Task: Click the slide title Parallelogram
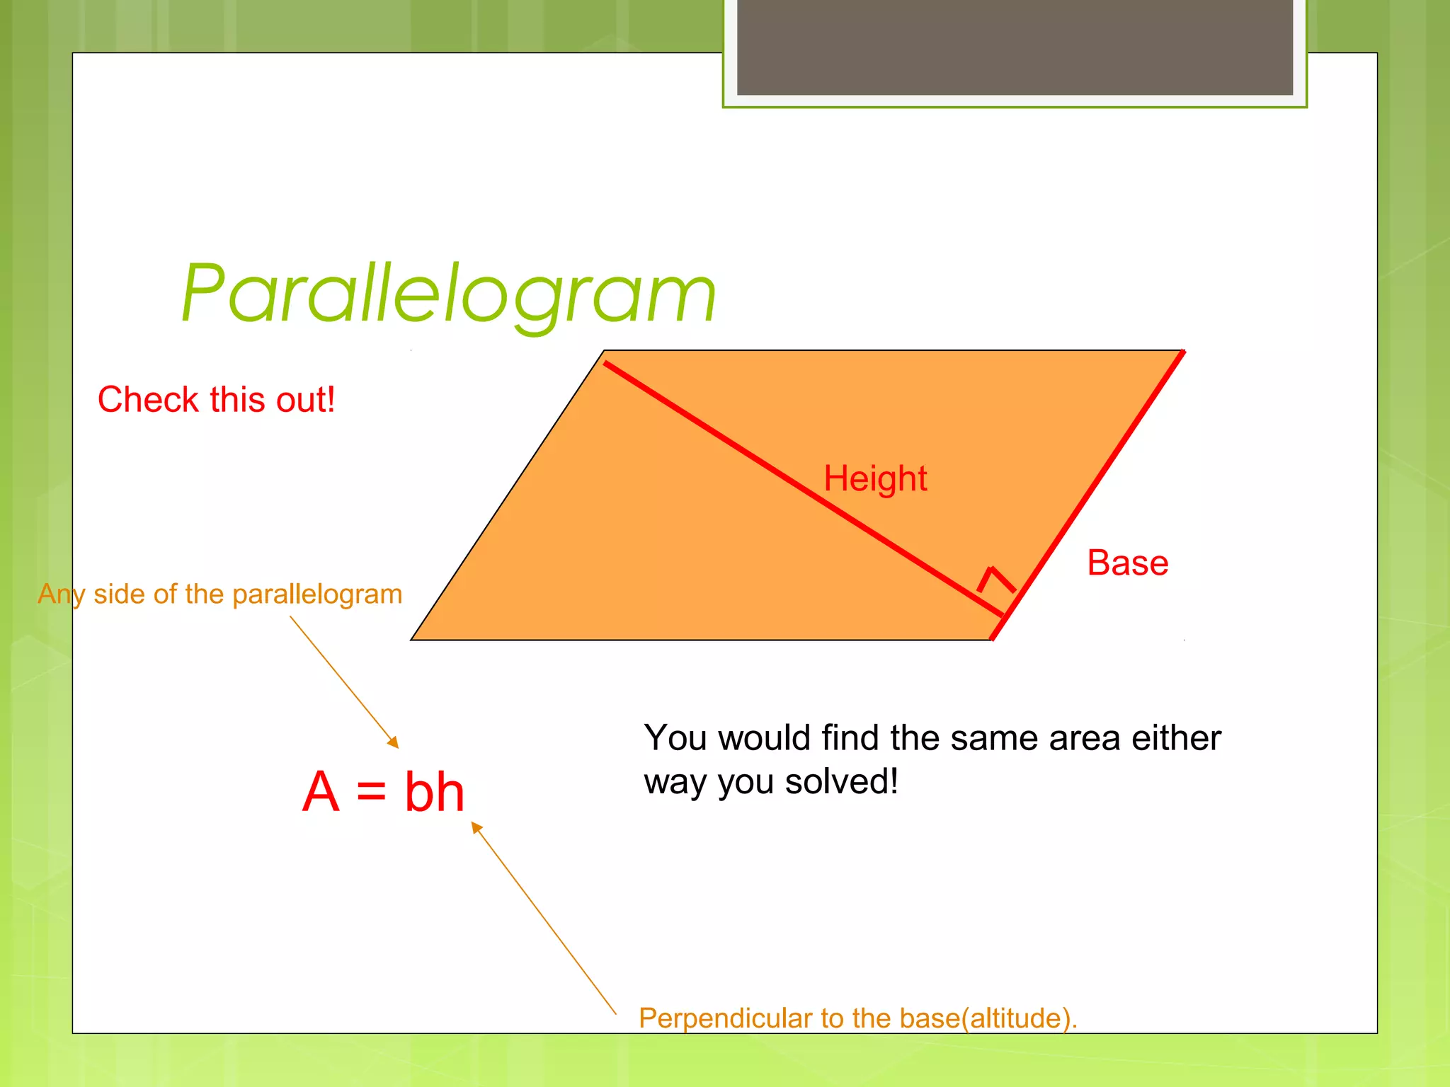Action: coord(449,294)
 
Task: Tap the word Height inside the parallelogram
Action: coord(875,478)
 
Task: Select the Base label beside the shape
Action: coord(1127,563)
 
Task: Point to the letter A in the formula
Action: coord(321,792)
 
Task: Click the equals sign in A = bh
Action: coord(371,792)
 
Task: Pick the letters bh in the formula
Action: coord(434,792)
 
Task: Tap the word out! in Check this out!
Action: coord(306,400)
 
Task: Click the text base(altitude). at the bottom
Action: coord(988,1018)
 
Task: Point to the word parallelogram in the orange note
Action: coord(317,594)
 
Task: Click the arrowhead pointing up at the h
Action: coord(476,826)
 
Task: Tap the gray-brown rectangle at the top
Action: coord(1015,47)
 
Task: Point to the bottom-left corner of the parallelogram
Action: coord(412,639)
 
